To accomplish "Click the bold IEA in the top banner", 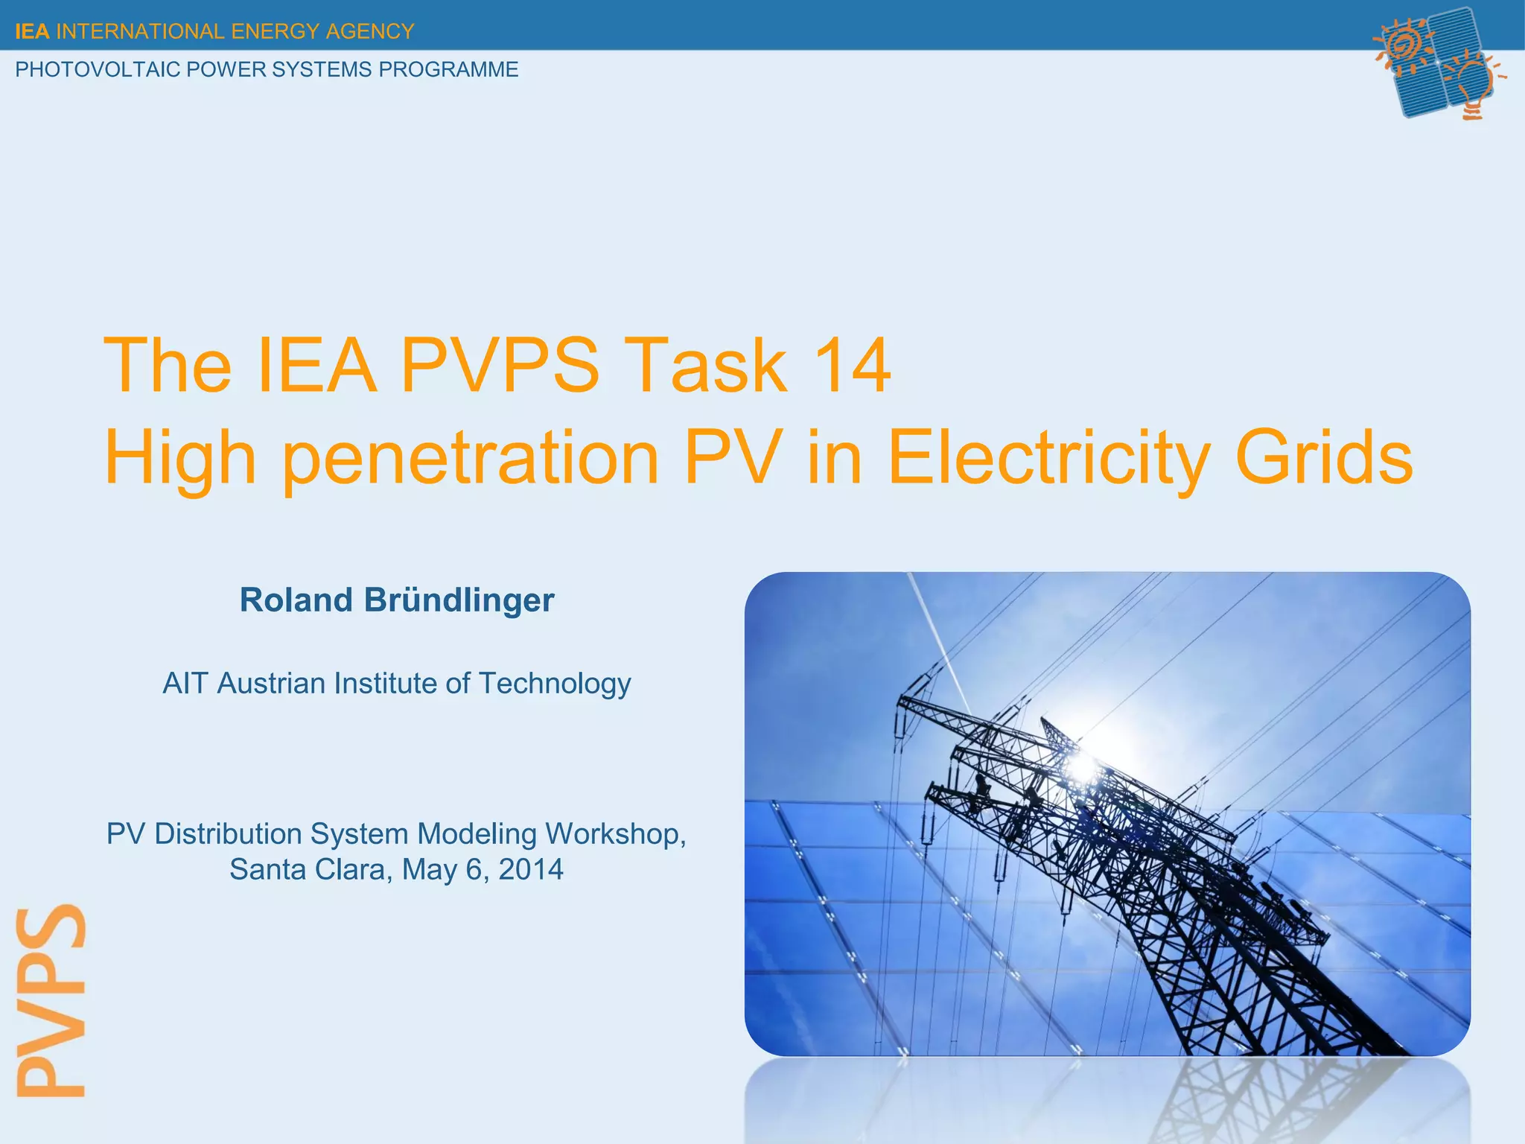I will pos(32,31).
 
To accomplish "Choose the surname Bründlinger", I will pos(459,600).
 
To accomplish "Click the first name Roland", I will pos(296,600).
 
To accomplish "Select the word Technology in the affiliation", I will pos(554,683).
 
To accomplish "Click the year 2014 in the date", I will pos(531,869).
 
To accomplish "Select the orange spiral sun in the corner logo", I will pos(1404,45).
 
